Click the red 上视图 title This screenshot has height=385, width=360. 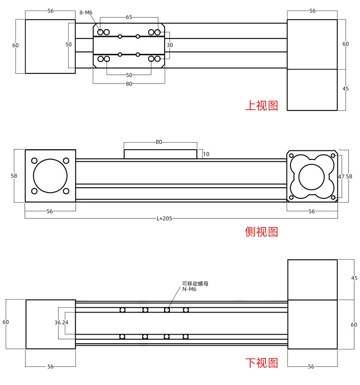(262, 105)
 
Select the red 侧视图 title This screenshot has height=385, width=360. (262, 232)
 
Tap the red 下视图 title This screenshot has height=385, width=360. (262, 362)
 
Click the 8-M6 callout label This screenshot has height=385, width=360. (86, 12)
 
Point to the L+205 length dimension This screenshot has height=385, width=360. (164, 218)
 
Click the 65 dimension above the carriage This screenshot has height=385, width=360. (129, 17)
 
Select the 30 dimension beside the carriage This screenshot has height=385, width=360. (170, 45)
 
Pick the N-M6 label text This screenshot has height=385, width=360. (189, 289)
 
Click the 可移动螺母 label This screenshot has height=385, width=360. (195, 284)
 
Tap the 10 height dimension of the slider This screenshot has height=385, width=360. (206, 154)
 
